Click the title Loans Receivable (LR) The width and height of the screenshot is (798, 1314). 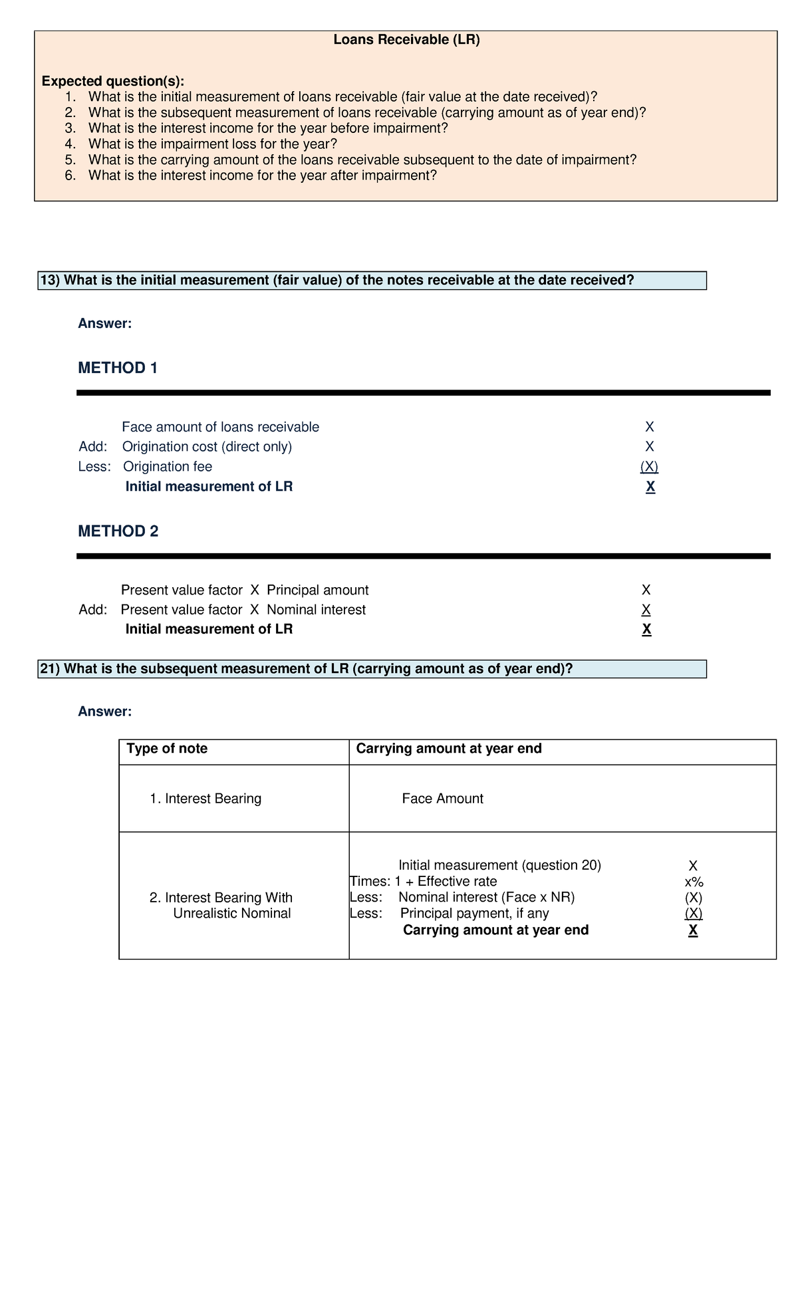(406, 40)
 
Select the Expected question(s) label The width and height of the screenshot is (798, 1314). (113, 81)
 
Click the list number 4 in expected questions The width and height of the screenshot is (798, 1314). (70, 144)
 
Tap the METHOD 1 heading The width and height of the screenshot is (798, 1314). (118, 368)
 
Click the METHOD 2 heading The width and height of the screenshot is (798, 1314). (118, 531)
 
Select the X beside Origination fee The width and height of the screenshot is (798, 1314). (649, 467)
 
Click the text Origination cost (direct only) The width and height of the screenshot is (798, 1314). (207, 447)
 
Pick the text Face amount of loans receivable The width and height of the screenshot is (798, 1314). (220, 427)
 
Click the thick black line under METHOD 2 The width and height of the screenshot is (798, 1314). (423, 556)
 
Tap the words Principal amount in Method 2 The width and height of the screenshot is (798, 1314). (317, 591)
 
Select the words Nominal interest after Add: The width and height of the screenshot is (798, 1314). (316, 610)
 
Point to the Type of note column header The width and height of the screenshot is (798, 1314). (167, 749)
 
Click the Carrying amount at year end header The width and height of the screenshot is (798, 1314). (449, 749)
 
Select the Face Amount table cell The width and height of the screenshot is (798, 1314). (442, 799)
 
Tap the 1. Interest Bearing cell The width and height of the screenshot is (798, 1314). (205, 799)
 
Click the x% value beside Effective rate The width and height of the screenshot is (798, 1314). (694, 882)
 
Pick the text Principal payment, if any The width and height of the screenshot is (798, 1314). (474, 914)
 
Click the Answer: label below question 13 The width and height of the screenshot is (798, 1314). (105, 324)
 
